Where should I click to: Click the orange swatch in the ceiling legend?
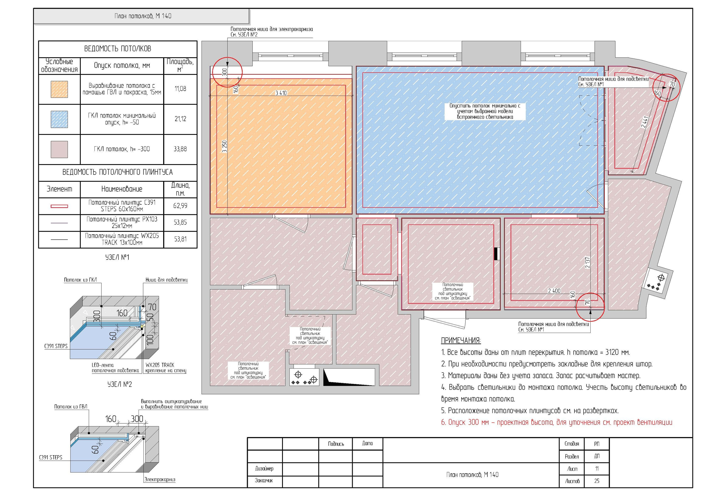(59, 89)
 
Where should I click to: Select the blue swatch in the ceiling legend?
(59, 119)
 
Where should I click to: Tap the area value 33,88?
(180, 149)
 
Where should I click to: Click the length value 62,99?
(180, 206)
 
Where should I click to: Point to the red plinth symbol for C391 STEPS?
(59, 206)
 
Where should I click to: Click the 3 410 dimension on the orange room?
(281, 93)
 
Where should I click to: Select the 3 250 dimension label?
(225, 146)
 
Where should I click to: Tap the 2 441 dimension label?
(645, 122)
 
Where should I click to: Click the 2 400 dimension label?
(554, 291)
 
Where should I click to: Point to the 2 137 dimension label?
(587, 263)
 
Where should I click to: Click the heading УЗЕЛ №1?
(117, 257)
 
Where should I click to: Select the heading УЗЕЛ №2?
(120, 384)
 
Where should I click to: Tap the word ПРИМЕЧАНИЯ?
(461, 340)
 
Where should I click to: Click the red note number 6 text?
(557, 422)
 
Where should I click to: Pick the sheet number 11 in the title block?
(597, 469)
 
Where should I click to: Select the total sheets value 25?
(597, 481)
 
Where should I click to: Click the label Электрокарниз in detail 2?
(160, 480)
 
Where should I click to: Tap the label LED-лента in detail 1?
(103, 365)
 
